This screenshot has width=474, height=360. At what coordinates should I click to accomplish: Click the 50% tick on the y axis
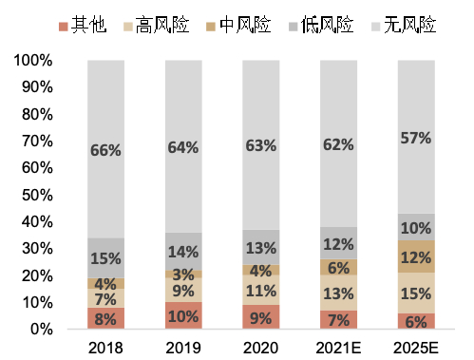(36, 195)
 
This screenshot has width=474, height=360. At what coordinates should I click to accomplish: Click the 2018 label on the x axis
(104, 347)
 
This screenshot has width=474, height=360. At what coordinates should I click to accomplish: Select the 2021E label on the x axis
(338, 347)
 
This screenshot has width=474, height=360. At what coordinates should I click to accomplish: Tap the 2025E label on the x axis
(416, 347)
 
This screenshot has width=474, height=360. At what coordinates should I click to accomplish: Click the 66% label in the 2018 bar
(104, 149)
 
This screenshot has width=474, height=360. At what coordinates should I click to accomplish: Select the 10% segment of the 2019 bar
(182, 315)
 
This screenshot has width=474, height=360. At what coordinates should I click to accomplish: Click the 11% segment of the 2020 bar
(260, 291)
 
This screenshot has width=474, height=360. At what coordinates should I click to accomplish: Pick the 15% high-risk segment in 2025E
(416, 293)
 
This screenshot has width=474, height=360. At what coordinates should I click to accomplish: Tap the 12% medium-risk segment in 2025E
(416, 256)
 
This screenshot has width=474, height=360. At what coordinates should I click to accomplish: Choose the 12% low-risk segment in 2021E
(338, 243)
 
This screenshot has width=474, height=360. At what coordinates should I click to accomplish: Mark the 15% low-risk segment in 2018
(104, 258)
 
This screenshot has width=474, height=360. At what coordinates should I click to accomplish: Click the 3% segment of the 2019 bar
(182, 274)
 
